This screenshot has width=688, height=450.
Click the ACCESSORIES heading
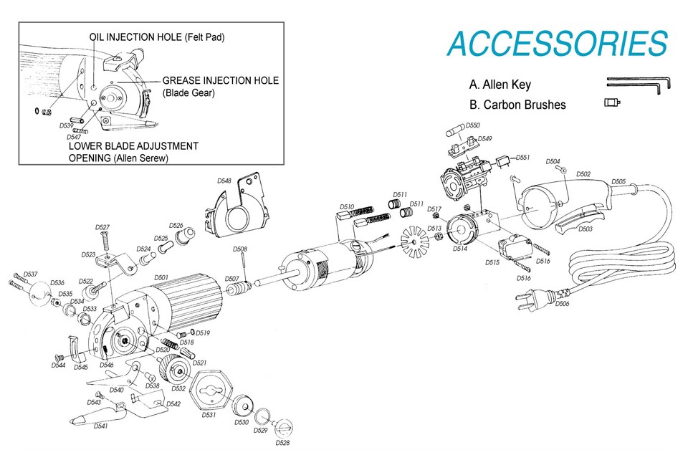click(558, 44)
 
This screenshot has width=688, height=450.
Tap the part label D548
click(224, 181)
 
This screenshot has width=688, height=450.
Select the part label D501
click(161, 277)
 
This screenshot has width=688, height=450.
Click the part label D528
click(282, 443)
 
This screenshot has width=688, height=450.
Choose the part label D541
click(101, 426)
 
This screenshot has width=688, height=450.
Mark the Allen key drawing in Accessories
click(638, 83)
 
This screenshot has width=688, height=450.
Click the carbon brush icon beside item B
click(612, 102)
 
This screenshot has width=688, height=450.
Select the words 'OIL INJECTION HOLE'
click(135, 37)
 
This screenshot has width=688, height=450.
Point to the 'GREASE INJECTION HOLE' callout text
click(220, 80)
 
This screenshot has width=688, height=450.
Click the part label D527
click(102, 227)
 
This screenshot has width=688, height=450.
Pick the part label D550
click(473, 125)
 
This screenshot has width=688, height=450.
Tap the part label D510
click(347, 206)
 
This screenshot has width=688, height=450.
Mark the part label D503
click(585, 229)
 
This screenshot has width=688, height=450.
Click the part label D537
click(30, 274)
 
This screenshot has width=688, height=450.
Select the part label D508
click(240, 249)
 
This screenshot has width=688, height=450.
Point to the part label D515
click(492, 263)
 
